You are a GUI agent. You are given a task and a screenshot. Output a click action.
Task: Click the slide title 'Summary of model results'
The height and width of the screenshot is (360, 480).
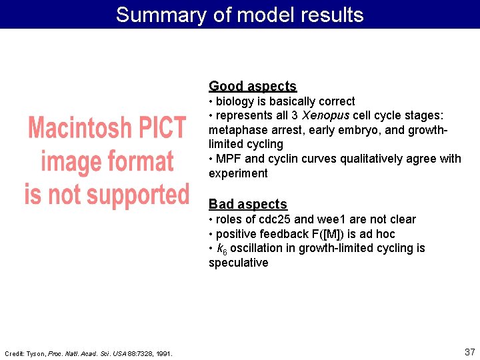tap(239, 15)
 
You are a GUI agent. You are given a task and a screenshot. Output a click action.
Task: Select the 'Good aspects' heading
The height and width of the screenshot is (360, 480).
tap(252, 86)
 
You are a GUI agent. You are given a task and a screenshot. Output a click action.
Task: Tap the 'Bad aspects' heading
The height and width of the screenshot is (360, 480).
tap(247, 204)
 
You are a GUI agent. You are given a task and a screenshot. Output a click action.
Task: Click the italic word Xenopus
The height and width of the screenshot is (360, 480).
tap(325, 116)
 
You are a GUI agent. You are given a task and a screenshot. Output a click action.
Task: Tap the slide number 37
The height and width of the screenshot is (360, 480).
tap(469, 351)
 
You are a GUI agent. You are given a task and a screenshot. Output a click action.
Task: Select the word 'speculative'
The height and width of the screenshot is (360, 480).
tap(238, 263)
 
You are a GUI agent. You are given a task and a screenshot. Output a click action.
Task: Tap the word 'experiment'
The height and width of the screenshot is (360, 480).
tap(238, 173)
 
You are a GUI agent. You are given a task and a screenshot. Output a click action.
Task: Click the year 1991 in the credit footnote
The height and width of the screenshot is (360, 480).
tap(163, 353)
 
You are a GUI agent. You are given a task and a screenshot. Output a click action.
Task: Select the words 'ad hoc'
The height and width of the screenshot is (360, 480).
tap(377, 234)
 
